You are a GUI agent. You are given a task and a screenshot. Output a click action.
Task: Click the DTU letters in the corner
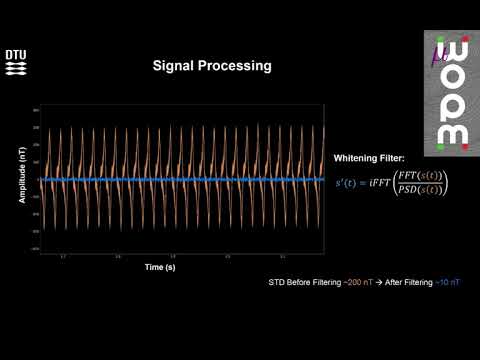[x=17, y=55]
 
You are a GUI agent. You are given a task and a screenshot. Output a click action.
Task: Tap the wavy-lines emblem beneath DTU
[x=17, y=68]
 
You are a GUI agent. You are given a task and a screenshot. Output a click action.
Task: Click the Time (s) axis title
[x=161, y=267]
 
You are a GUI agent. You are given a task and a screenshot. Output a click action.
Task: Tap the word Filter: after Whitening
[x=390, y=159]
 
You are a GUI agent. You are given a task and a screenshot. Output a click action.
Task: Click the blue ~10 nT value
[x=448, y=283]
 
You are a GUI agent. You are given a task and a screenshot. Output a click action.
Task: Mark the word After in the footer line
[x=396, y=283]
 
